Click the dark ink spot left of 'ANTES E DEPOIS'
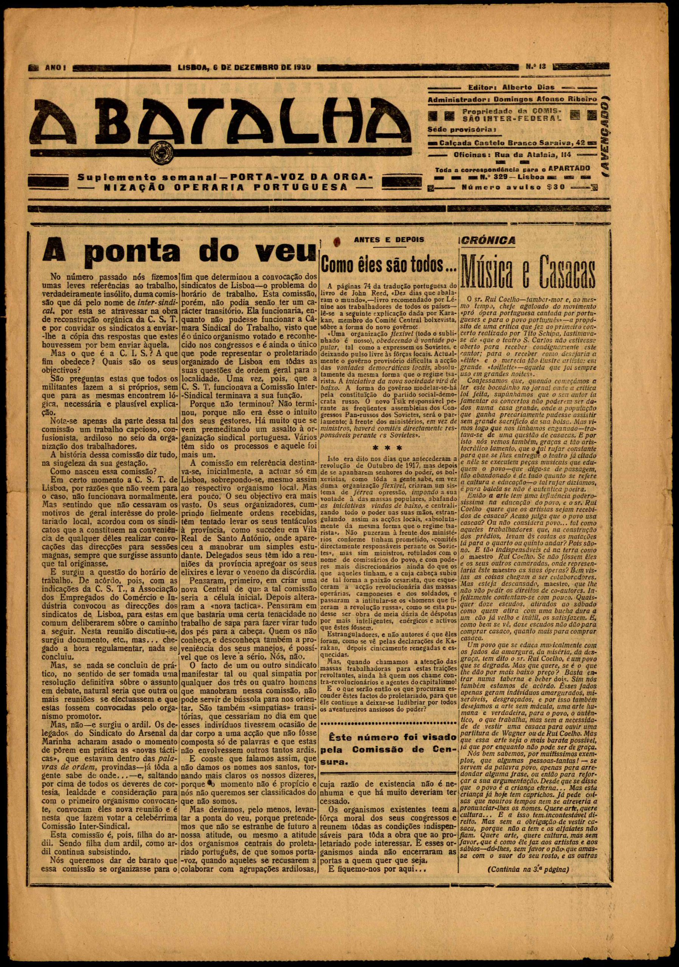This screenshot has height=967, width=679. click(337, 241)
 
